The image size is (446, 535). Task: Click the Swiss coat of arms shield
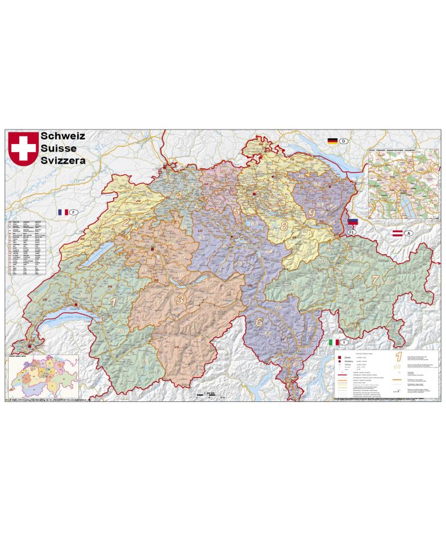coord(23,148)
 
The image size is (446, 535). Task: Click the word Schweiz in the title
coord(63,136)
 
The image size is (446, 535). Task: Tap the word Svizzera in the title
coord(63,160)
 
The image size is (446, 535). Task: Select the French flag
coord(63,213)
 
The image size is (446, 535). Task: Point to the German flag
coord(333,141)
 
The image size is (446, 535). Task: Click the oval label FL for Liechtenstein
coord(351,232)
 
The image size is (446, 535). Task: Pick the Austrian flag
coord(398,234)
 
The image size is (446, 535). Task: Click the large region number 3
coord(180,299)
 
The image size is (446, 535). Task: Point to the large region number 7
coord(375,279)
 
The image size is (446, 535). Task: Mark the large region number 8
coord(284,225)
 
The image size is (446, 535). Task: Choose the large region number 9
coord(312,213)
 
